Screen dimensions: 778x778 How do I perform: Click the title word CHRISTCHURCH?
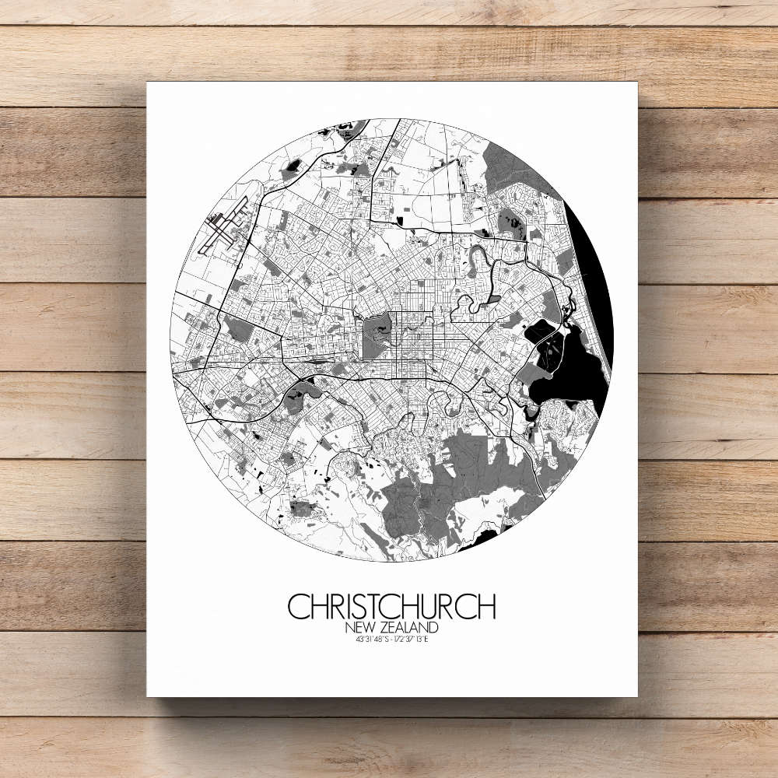[x=391, y=607]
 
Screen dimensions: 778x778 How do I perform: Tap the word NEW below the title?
[x=359, y=627]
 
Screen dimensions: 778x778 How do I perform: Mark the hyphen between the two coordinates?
[x=391, y=640]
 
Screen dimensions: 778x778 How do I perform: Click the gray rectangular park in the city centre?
[x=378, y=334]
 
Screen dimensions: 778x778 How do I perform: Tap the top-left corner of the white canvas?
[x=148, y=82]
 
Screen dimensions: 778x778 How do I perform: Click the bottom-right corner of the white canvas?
[x=636, y=696]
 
